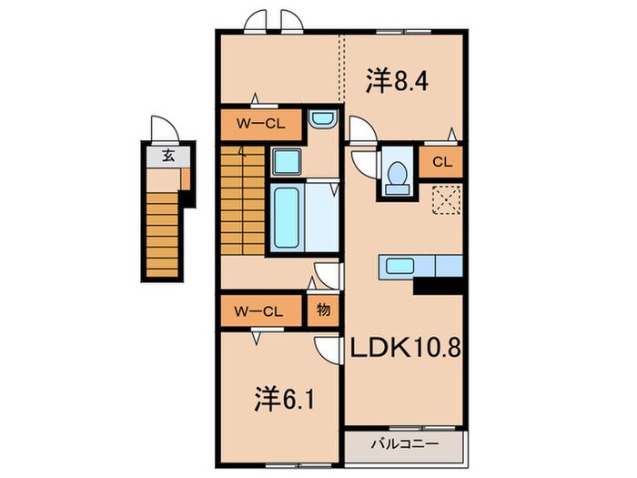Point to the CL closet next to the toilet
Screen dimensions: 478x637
tap(441, 163)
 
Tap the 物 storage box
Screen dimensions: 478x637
tap(323, 310)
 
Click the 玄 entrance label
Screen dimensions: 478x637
tap(168, 156)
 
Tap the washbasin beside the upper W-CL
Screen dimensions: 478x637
tap(322, 118)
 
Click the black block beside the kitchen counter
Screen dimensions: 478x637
tap(438, 286)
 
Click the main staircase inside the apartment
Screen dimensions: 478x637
tap(242, 201)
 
